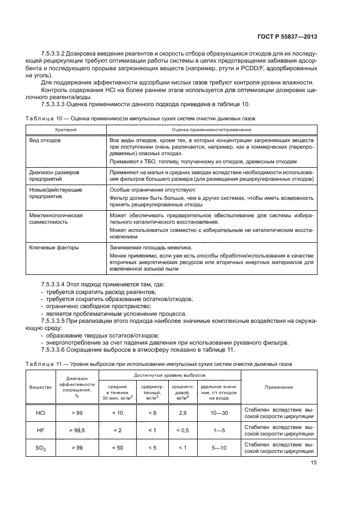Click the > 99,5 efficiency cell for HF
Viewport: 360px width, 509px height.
[76, 431]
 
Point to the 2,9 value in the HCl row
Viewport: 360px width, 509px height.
[182, 414]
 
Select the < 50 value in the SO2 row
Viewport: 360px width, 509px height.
[117, 448]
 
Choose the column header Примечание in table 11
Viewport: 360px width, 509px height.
[279, 387]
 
